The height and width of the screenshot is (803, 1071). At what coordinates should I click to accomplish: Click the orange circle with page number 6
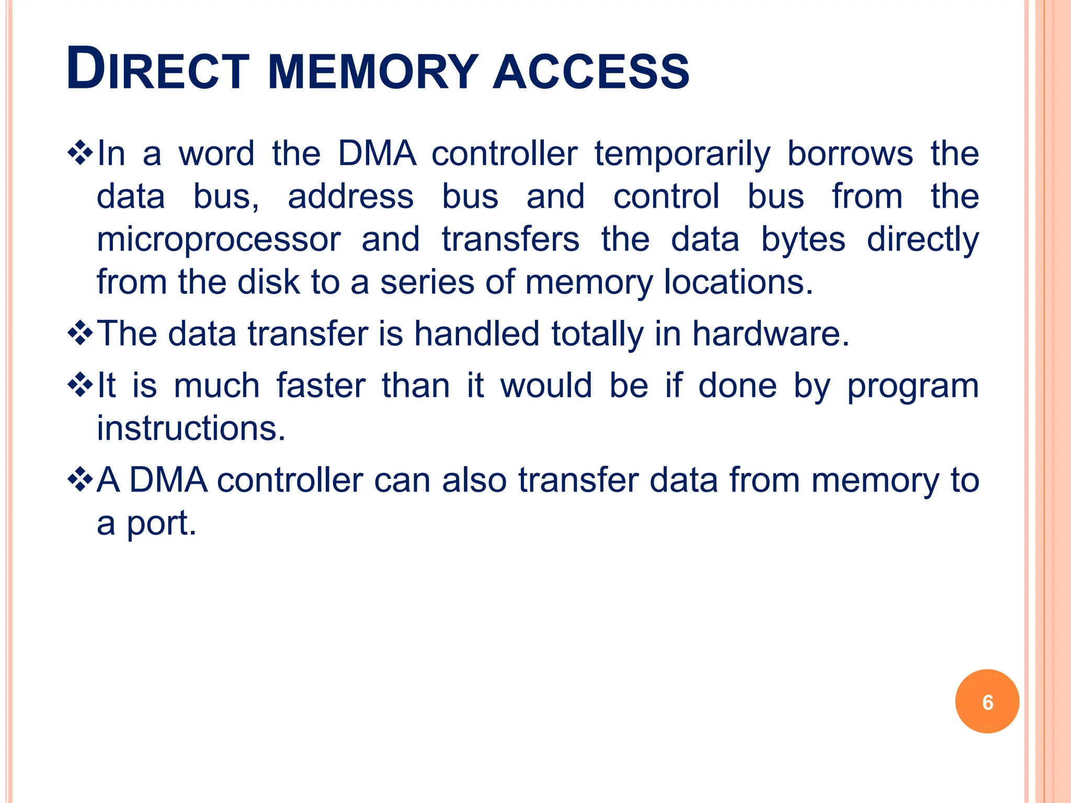987,702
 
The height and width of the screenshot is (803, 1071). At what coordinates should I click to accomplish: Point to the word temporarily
682,155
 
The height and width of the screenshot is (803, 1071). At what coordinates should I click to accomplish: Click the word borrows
850,154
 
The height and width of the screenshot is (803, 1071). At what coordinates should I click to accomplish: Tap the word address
351,197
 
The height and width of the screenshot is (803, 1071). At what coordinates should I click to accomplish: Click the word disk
269,282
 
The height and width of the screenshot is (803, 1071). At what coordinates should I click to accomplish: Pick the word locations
738,282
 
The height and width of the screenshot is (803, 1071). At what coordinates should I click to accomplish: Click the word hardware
771,334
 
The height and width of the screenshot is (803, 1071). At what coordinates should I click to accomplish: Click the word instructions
191,429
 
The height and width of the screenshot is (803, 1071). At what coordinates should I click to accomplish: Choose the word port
161,524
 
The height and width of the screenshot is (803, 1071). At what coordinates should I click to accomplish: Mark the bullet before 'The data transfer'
80,334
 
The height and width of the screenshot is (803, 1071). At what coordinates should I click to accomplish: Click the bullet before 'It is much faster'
80,386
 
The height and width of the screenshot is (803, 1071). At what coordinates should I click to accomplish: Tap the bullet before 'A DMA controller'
80,480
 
